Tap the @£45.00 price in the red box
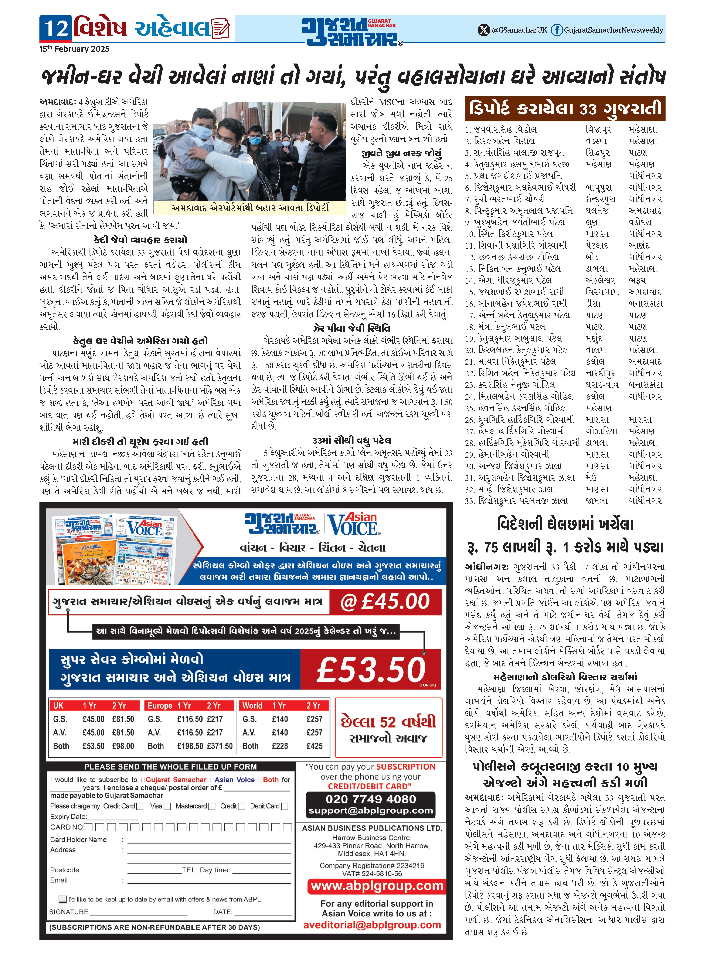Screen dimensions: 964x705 point(385,602)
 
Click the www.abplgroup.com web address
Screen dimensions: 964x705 point(377,886)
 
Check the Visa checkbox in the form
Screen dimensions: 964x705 point(167,806)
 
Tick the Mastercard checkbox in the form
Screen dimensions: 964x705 point(212,806)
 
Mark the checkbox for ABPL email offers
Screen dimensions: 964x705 point(63,899)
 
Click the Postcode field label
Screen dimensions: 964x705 point(64,870)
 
